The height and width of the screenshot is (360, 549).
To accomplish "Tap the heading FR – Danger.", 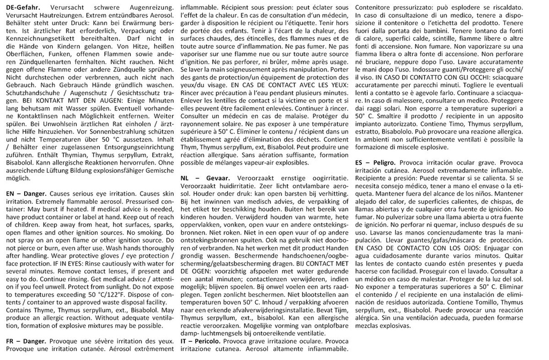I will [x=26, y=342].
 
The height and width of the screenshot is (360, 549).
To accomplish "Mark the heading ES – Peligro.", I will [x=375, y=163].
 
